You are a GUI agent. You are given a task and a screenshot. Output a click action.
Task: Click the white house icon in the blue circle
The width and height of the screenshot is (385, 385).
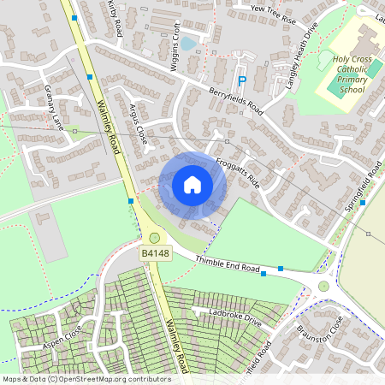pyautogui.click(x=192, y=185)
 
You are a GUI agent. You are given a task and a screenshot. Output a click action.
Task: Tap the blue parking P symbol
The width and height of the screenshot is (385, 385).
pyautogui.click(x=242, y=80)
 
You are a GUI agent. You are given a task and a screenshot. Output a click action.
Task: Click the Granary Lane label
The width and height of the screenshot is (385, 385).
pyautogui.click(x=54, y=107)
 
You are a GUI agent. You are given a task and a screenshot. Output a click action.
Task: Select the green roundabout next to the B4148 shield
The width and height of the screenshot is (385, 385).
pyautogui.click(x=154, y=238)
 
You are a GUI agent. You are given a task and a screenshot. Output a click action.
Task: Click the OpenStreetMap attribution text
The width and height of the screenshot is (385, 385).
pyautogui.click(x=86, y=378)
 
